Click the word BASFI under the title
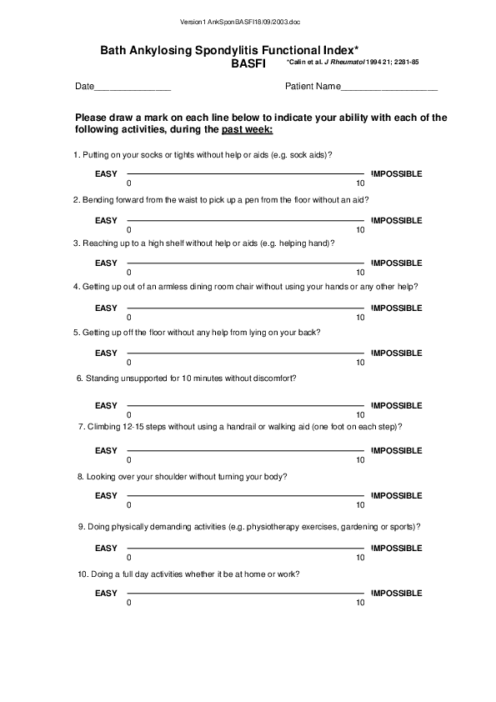248,63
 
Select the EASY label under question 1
106,173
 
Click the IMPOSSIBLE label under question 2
397,220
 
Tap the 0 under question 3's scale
129,273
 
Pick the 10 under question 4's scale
360,318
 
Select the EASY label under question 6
106,405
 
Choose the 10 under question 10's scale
360,603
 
